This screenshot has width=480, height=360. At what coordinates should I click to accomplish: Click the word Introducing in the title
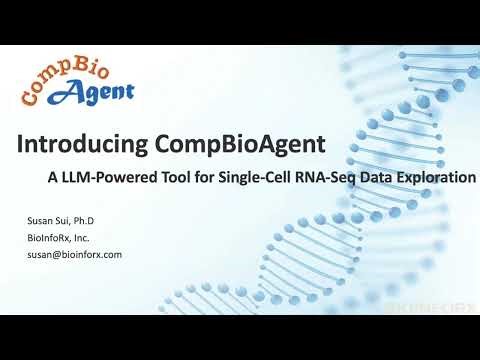(x=84, y=144)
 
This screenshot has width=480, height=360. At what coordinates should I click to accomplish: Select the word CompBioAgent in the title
(x=240, y=144)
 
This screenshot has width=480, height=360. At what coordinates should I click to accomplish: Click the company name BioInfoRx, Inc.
(x=60, y=238)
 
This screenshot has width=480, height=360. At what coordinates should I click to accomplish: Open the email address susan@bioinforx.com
(x=75, y=254)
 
